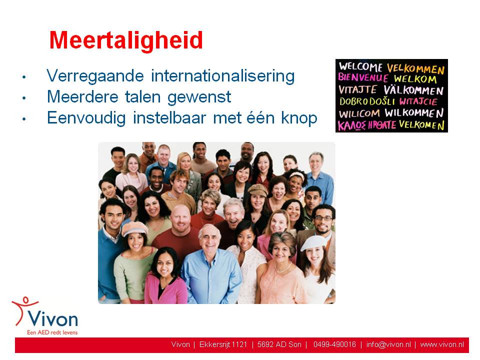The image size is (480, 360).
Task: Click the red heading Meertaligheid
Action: point(126,40)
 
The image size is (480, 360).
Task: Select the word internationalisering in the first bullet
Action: point(223,76)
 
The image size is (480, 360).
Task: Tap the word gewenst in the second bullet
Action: point(199,97)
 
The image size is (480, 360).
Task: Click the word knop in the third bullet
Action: point(299,118)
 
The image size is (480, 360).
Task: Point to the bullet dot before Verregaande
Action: point(24,77)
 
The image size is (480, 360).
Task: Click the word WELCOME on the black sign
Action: point(360,66)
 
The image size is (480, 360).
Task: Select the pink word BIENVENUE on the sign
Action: point(363,77)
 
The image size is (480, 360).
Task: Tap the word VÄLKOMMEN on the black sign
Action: point(413,90)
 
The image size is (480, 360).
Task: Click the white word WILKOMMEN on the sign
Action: point(414,113)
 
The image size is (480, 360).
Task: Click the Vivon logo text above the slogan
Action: point(52,319)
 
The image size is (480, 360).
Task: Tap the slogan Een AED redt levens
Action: point(52,332)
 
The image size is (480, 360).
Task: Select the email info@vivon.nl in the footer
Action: point(388,344)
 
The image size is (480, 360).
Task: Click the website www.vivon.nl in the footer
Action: point(442,344)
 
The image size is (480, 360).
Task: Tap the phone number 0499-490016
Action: point(334,344)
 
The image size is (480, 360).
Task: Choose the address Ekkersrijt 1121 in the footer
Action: point(223,344)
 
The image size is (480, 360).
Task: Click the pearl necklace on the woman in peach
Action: point(283,269)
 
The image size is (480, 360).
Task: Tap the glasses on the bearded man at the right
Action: point(323,218)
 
